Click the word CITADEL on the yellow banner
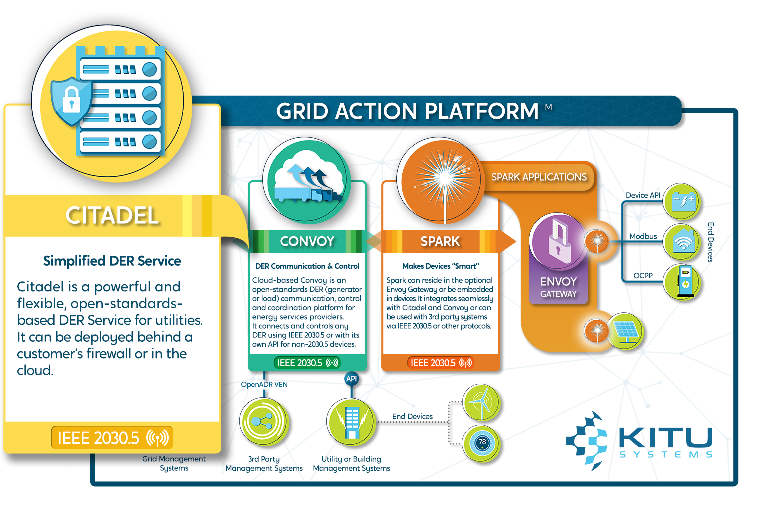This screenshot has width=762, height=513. click(112, 216)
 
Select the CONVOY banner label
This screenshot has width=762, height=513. click(307, 241)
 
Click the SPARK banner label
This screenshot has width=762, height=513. click(440, 241)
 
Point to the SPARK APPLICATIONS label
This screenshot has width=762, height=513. click(539, 177)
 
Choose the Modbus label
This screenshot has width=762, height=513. click(643, 236)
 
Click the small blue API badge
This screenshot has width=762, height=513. click(351, 379)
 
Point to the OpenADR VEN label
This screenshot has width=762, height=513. click(264, 384)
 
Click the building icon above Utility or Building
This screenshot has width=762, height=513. click(351, 421)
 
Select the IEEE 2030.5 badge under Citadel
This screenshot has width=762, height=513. click(112, 438)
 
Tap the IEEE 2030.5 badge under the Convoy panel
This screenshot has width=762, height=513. click(307, 363)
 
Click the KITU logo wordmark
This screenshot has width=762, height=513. click(665, 439)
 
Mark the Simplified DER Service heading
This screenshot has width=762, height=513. click(112, 261)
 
